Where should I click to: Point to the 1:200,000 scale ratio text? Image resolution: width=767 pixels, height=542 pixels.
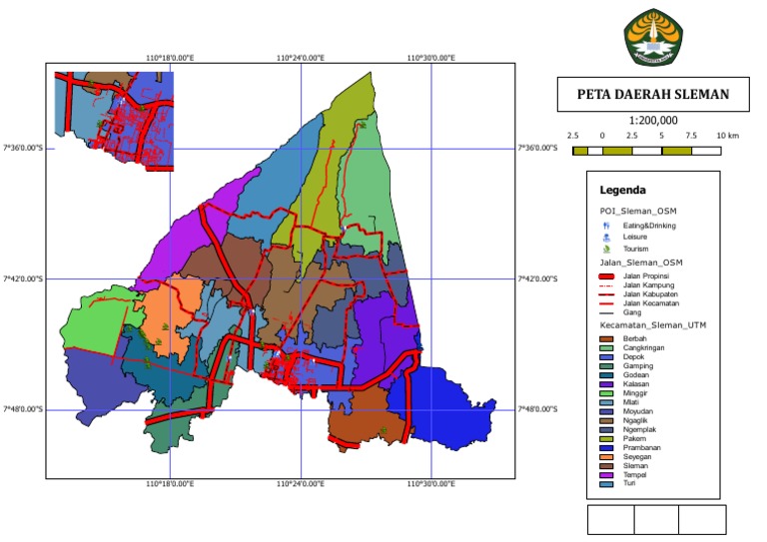coord(654,120)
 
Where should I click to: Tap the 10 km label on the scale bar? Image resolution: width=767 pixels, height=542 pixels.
coord(726,135)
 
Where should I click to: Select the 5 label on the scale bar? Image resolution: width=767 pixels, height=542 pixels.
coord(661,135)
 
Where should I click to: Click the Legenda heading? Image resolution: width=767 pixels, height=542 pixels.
coord(622,190)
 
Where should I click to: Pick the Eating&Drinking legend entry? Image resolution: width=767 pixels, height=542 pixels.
coord(658,226)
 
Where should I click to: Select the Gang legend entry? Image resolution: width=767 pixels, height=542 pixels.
coord(632,312)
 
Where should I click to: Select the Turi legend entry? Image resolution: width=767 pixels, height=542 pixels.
coord(629,483)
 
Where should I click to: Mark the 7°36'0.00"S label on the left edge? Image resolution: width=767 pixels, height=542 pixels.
coord(22,148)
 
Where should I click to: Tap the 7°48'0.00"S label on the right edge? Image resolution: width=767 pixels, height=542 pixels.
coord(540,409)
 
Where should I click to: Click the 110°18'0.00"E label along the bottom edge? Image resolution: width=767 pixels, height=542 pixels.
coord(170,484)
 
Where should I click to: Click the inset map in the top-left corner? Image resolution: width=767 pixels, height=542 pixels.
coord(114,120)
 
